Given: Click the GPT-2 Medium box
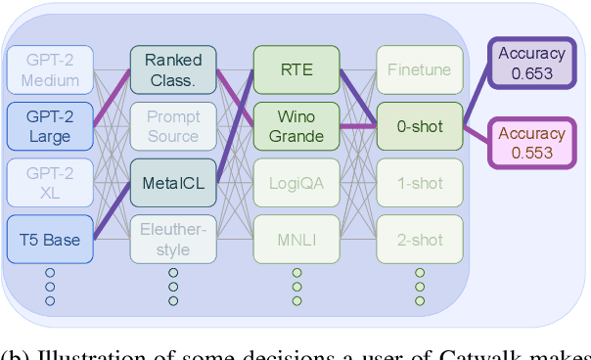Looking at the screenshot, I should pyautogui.click(x=49, y=69).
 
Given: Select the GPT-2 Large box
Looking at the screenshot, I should pyautogui.click(x=49, y=125).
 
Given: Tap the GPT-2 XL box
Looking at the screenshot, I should pyautogui.click(x=49, y=182).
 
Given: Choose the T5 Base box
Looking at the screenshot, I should pyautogui.click(x=49, y=239).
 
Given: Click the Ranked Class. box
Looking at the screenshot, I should pyautogui.click(x=173, y=69).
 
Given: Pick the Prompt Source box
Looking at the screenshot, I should pyautogui.click(x=173, y=125).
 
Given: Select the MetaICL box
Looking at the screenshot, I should pyautogui.click(x=173, y=182).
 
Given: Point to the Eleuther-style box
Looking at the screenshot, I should pyautogui.click(x=173, y=239).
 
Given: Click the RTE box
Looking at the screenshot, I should pyautogui.click(x=295, y=69).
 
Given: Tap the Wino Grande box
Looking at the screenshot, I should pyautogui.click(x=295, y=125).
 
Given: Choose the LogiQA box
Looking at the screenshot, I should pyautogui.click(x=295, y=182).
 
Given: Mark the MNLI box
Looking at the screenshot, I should pyautogui.click(x=295, y=239).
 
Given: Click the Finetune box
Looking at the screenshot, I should pyautogui.click(x=419, y=69).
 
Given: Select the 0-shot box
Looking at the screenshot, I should pyautogui.click(x=419, y=125).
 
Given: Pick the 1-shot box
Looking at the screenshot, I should pyautogui.click(x=419, y=182).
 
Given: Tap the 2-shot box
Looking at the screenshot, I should pyautogui.click(x=419, y=239).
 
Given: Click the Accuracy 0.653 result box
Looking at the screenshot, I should pyautogui.click(x=531, y=64).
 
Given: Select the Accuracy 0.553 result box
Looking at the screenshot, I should pyautogui.click(x=531, y=143).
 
